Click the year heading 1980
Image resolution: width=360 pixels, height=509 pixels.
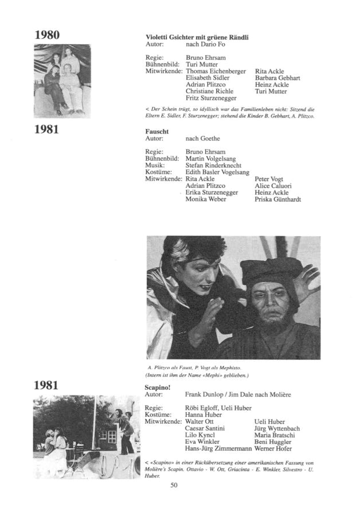pyautogui.click(x=47, y=34)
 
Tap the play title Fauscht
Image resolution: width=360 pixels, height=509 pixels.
pyautogui.click(x=157, y=131)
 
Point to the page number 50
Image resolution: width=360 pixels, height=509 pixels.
pyautogui.click(x=175, y=485)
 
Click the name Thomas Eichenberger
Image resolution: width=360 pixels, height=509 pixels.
pyautogui.click(x=216, y=71)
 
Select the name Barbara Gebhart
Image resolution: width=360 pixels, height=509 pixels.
pyautogui.click(x=277, y=78)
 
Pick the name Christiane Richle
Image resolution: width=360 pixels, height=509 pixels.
pyautogui.click(x=209, y=91)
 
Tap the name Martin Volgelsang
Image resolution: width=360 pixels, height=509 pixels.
pyautogui.click(x=210, y=158)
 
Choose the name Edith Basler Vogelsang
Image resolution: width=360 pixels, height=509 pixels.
pyautogui.click(x=217, y=172)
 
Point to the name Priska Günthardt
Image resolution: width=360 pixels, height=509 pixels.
pyautogui.click(x=277, y=199)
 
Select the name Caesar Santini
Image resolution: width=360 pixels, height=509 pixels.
pyautogui.click(x=205, y=428)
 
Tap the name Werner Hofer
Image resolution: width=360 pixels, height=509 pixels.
pyautogui.click(x=275, y=449)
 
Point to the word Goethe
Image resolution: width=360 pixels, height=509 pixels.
pyautogui.click(x=210, y=139)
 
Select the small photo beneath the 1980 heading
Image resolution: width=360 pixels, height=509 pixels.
pyautogui.click(x=62, y=81)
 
